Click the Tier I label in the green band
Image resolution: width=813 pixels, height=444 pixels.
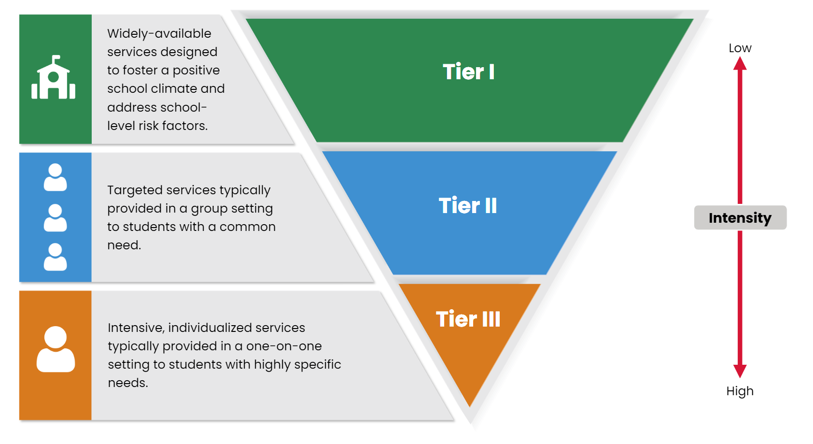[469, 72]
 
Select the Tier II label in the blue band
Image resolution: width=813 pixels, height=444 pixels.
[468, 206]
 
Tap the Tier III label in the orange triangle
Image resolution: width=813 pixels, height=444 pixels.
[468, 319]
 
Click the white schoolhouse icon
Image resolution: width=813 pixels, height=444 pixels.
[54, 77]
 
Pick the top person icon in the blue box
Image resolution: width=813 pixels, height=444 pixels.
[55, 177]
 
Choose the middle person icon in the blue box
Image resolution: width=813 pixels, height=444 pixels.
[55, 217]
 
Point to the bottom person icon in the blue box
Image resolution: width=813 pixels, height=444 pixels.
[55, 257]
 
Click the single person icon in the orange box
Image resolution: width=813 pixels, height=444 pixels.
[56, 349]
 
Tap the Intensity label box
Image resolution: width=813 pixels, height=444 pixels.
[741, 217]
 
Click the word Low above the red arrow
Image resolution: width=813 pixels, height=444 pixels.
[740, 48]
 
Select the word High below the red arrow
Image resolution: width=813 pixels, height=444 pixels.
[740, 391]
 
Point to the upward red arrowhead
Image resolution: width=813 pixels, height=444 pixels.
[740, 64]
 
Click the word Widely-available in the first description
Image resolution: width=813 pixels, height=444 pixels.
[159, 34]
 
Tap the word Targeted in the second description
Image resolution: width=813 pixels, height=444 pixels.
[134, 190]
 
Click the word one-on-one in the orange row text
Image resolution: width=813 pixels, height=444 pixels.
[284, 346]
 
